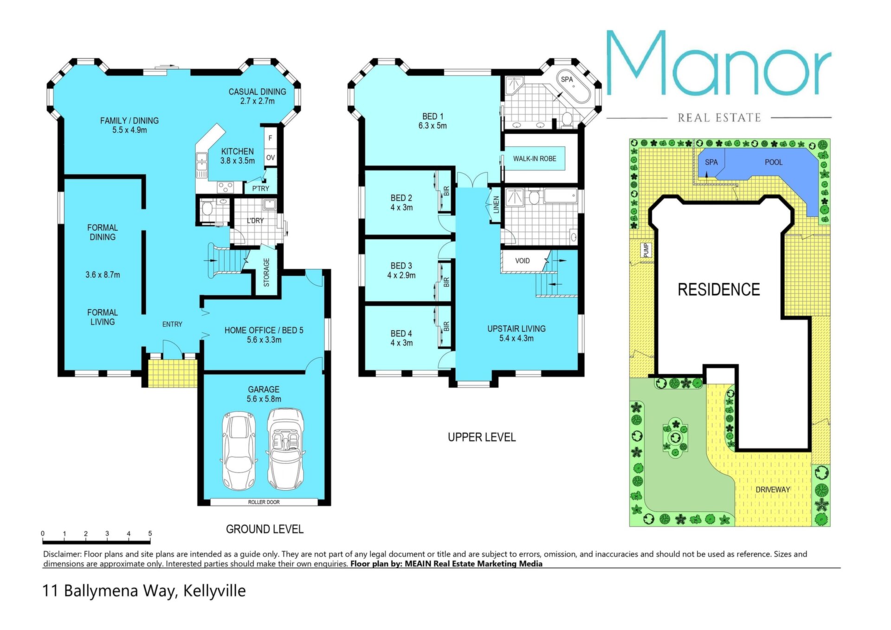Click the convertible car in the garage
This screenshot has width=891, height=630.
[x=285, y=449]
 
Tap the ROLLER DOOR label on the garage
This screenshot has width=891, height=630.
[x=264, y=502]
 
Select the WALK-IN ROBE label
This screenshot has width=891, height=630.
[x=535, y=159]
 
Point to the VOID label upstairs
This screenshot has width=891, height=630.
[x=523, y=261]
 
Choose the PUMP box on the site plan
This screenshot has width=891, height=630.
[x=646, y=250]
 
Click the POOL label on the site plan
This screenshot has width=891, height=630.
[x=774, y=162]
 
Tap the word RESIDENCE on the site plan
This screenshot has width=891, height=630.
[x=719, y=290]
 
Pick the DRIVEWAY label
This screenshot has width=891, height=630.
[x=773, y=489]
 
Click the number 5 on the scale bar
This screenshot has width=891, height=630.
[x=150, y=533]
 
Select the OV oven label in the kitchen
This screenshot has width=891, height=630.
[x=271, y=157]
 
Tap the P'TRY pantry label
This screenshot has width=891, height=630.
[x=260, y=188]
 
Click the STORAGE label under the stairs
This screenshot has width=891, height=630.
[x=266, y=273]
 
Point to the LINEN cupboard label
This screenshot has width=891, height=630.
[x=496, y=205]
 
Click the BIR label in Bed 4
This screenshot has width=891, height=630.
[x=446, y=327]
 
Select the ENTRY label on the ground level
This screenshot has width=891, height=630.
[x=172, y=324]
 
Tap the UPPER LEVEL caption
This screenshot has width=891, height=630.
[x=482, y=437]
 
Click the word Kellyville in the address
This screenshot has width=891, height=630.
[x=214, y=591]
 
